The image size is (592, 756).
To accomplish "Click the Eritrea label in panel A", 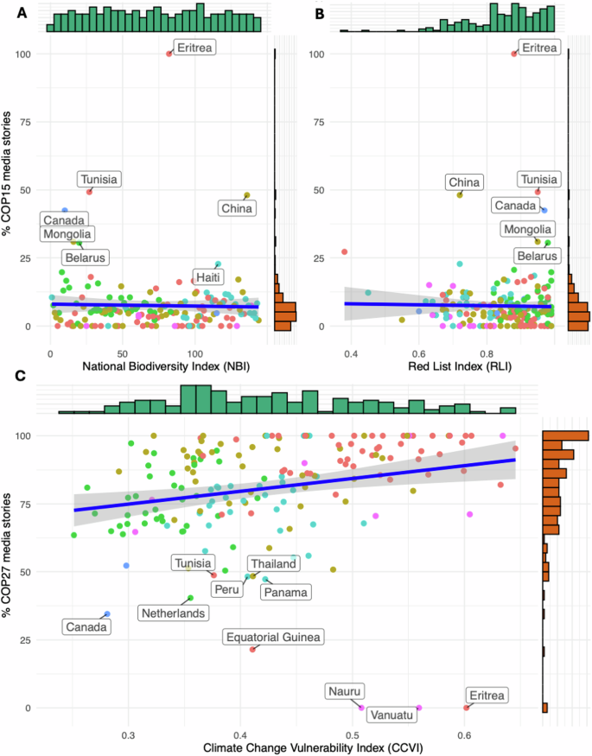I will (x=194, y=48).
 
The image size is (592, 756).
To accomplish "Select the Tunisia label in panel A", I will (x=99, y=180).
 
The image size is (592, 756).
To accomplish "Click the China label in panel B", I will (x=464, y=181).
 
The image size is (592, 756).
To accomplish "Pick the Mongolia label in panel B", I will (x=528, y=229).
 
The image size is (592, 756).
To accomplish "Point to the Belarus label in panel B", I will (x=536, y=256).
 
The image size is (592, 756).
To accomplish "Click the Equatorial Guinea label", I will (x=273, y=638).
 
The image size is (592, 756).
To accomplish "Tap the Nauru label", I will (x=346, y=691).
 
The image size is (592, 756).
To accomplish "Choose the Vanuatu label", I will (x=394, y=715).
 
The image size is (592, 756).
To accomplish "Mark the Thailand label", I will (x=273, y=564).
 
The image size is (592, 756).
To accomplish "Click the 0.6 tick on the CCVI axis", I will (x=464, y=735).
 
